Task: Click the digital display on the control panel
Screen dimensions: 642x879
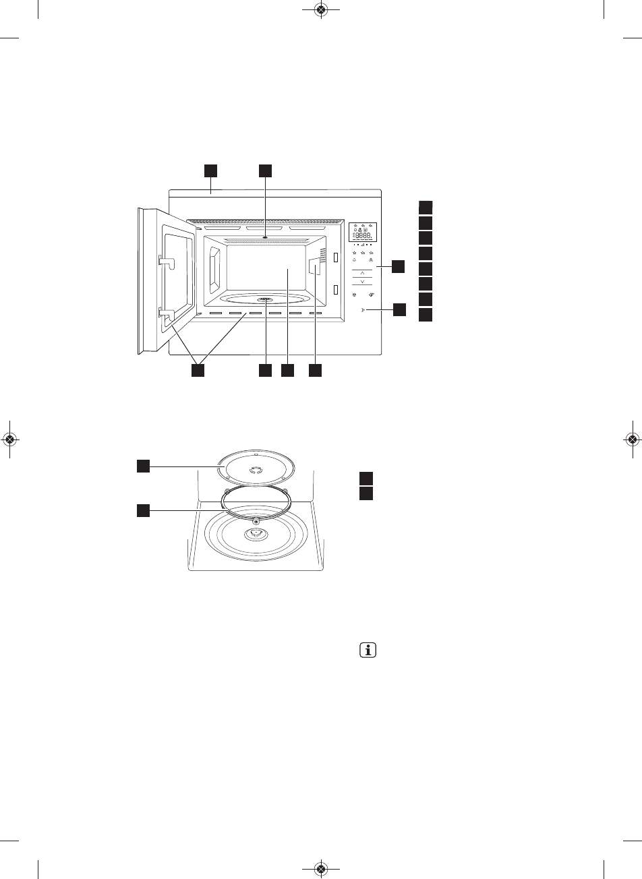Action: [x=363, y=232]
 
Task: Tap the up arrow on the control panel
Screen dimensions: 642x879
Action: [x=363, y=272]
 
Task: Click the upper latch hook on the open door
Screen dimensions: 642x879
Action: [x=165, y=260]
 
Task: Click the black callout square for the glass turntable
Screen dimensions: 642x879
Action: [x=143, y=465]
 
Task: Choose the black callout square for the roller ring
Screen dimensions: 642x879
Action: [x=143, y=511]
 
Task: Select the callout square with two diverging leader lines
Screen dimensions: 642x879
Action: [x=198, y=371]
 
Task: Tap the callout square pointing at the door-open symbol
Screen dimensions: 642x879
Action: [x=400, y=310]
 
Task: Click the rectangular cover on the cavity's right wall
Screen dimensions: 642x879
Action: [x=314, y=268]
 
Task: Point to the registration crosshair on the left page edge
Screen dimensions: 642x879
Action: [x=9, y=439]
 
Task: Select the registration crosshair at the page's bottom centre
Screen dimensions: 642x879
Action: [x=321, y=868]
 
